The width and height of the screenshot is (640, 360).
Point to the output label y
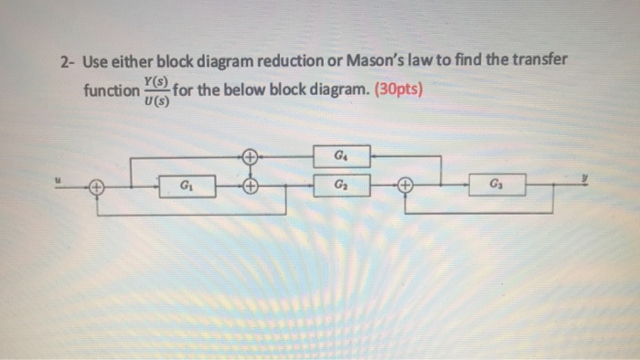(x=593, y=179)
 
